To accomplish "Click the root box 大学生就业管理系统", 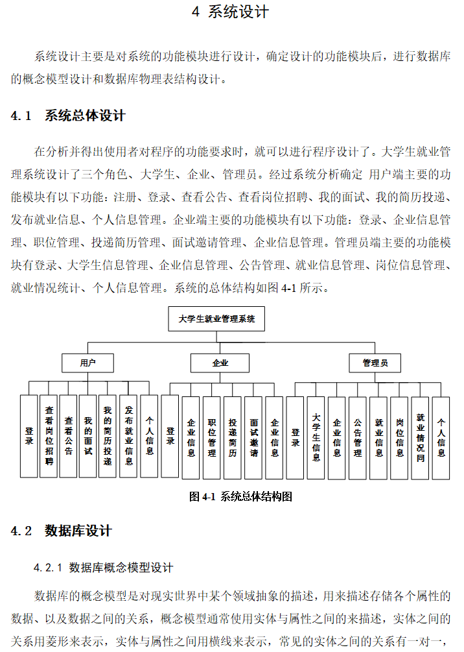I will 217,319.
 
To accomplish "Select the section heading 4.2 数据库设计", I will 62,531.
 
